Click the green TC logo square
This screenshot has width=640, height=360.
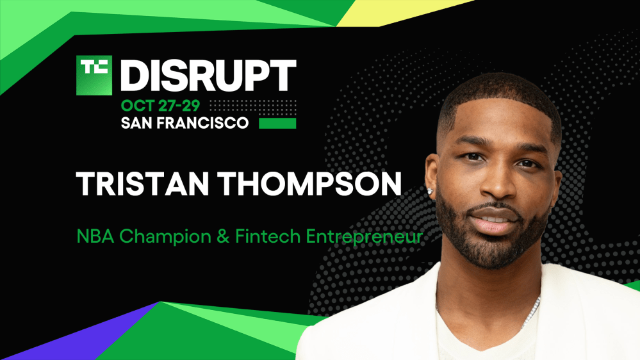click(95, 74)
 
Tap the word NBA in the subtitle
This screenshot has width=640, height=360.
click(92, 236)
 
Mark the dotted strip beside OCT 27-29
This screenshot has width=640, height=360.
click(252, 106)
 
